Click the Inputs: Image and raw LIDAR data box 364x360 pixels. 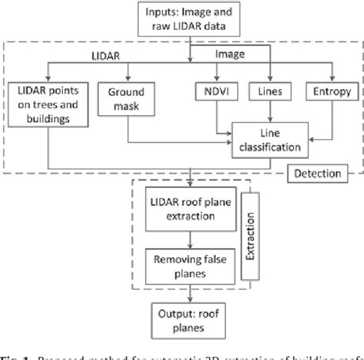pyautogui.click(x=189, y=20)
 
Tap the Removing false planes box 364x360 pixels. pyautogui.click(x=189, y=265)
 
